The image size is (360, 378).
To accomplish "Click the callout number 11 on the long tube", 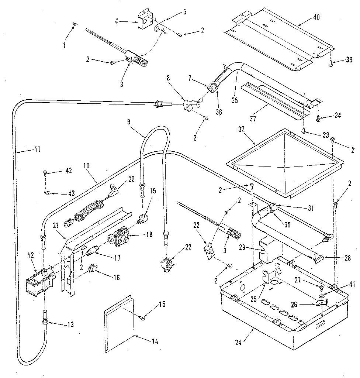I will click(37, 150).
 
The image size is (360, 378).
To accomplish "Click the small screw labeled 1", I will click(75, 24).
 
